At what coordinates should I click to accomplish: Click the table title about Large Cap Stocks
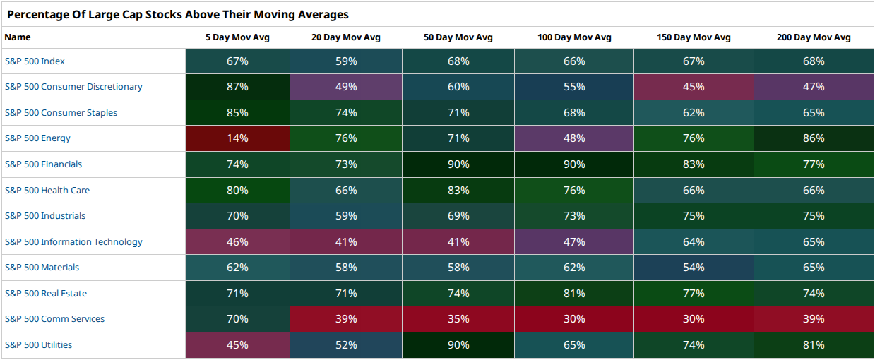(x=178, y=14)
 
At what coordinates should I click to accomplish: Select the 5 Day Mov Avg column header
(x=237, y=37)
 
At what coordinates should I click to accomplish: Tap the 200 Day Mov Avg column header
(x=814, y=37)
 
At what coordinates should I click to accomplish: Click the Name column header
(x=18, y=37)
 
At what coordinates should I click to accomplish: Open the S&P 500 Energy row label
(x=37, y=138)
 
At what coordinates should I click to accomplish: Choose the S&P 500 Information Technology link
(x=73, y=242)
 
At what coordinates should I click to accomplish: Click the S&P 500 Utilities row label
(x=38, y=345)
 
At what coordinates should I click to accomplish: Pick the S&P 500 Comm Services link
(x=54, y=319)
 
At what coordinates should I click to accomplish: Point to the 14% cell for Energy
(x=237, y=138)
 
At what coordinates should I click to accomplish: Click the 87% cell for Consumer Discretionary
(x=237, y=87)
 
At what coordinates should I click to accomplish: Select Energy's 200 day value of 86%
(x=814, y=138)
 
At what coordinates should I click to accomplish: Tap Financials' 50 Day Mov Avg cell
(x=458, y=164)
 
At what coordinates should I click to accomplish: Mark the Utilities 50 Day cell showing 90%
(x=458, y=345)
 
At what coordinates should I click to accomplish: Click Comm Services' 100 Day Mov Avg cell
(x=574, y=319)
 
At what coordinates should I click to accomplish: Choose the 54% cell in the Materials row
(x=694, y=268)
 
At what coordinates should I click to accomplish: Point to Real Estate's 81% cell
(x=574, y=293)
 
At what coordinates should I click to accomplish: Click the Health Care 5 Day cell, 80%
(x=237, y=190)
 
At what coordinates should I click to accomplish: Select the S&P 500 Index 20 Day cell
(x=346, y=61)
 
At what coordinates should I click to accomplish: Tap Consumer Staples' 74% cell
(x=346, y=112)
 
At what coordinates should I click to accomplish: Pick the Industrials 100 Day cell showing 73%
(x=574, y=216)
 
